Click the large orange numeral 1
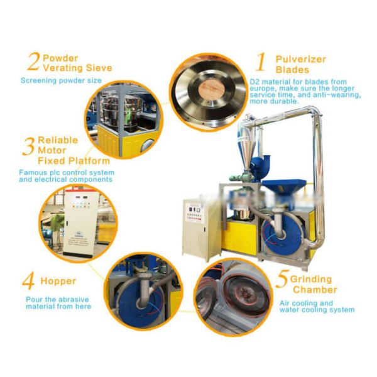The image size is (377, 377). click(x=261, y=62)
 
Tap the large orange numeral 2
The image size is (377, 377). click(x=33, y=62)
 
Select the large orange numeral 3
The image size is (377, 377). click(x=28, y=146)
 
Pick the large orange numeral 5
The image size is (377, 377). click(x=282, y=279)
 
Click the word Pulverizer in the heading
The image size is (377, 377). click(x=301, y=59)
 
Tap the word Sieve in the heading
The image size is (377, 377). click(x=99, y=68)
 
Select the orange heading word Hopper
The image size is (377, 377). click(x=58, y=281)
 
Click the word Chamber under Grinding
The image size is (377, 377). click(x=315, y=290)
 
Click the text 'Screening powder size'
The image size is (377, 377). click(x=61, y=80)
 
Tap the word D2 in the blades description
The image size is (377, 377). click(x=254, y=82)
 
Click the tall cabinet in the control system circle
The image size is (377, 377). click(x=79, y=223)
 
